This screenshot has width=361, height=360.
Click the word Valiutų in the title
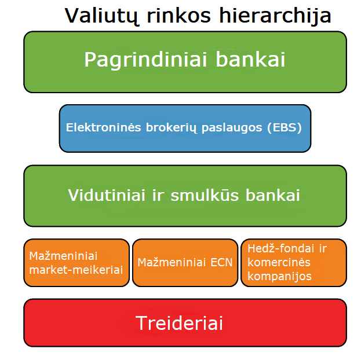(101, 16)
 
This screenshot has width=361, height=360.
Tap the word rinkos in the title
(178, 15)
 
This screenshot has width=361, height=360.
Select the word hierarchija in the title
(275, 16)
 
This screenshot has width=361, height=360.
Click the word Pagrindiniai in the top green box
(145, 60)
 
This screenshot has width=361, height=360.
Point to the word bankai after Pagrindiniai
(250, 59)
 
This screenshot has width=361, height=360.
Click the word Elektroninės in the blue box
(103, 127)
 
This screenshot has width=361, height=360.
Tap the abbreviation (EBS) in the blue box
(285, 128)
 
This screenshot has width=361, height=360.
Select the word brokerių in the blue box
(172, 128)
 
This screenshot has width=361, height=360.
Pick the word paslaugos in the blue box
(232, 128)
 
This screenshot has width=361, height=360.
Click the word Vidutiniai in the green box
(107, 195)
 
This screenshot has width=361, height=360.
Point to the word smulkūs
(205, 195)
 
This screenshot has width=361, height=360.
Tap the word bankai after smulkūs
(272, 195)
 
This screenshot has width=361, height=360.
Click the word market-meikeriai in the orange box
(76, 270)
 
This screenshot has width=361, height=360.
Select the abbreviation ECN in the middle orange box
(221, 262)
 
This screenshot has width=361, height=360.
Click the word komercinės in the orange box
(279, 262)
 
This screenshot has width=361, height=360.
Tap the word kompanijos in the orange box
(279, 277)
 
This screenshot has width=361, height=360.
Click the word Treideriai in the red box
(179, 323)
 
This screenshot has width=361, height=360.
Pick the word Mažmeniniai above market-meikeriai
(63, 256)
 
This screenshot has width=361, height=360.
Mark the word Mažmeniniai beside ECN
(172, 262)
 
